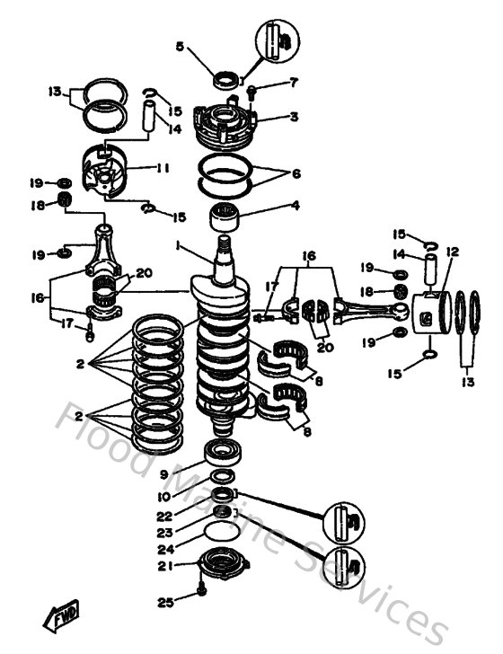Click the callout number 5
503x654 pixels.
tap(178, 48)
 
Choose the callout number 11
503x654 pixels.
tap(163, 168)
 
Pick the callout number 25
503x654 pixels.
tap(163, 601)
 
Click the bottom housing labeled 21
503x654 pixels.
tap(219, 567)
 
